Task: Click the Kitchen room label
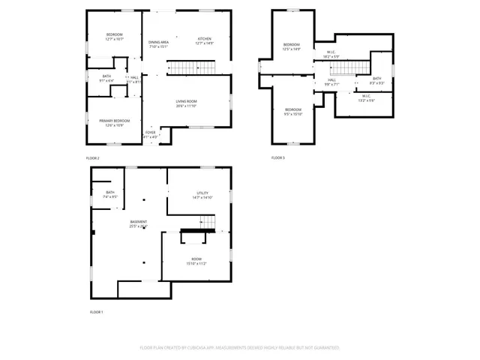205,40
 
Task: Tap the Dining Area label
158,43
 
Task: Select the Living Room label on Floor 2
186,103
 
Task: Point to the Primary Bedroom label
114,121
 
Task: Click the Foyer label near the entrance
151,134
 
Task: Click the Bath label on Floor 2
106,76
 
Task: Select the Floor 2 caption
92,158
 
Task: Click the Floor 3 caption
278,157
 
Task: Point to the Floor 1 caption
96,311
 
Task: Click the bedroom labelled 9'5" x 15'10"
292,112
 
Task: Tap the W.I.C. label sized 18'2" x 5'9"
331,55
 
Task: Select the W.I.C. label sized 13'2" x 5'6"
366,98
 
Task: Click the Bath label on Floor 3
377,80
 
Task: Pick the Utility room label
202,195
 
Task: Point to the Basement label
138,223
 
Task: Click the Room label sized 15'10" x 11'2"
195,260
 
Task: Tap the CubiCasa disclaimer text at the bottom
240,347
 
